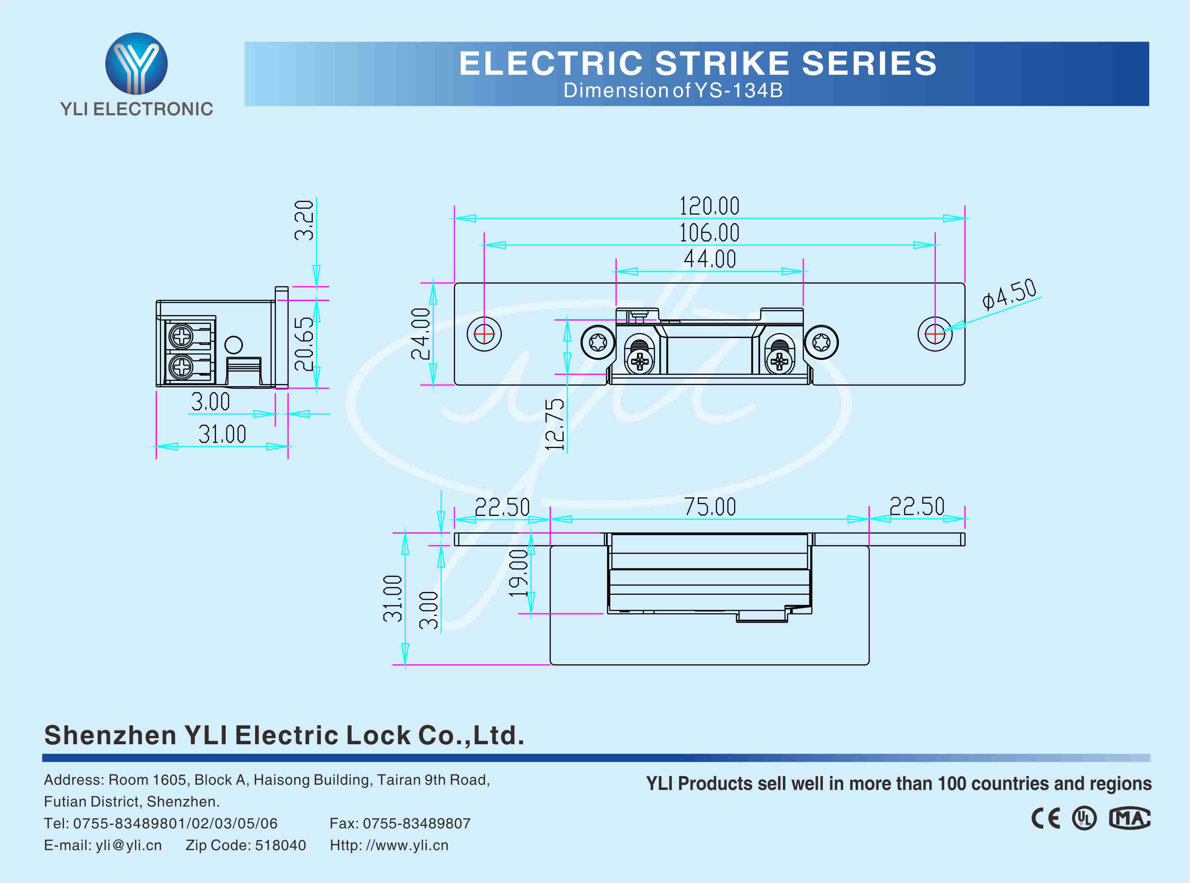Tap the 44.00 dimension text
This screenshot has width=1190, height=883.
(710, 259)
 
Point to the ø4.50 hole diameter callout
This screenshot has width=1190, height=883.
(1009, 294)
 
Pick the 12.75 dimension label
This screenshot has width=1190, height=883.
(555, 425)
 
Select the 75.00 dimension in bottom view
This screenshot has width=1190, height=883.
(710, 506)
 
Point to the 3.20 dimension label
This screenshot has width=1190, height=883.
(304, 220)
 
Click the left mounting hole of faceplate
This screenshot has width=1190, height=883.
(484, 334)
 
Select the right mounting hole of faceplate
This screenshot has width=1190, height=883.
(935, 334)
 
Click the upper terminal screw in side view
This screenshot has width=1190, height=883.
(182, 337)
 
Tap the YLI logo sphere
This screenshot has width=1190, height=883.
(136, 63)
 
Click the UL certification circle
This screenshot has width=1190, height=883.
(1084, 818)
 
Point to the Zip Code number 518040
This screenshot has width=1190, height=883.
(280, 845)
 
